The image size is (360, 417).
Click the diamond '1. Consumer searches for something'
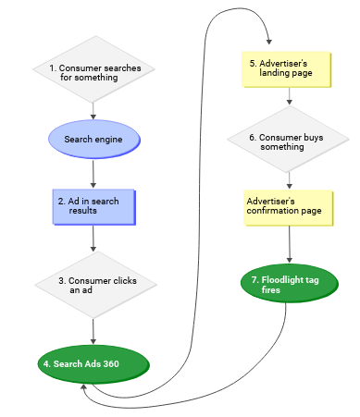pos(93,72)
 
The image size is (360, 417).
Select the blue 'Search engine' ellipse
pos(93,140)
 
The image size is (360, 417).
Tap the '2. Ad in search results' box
pos(93,206)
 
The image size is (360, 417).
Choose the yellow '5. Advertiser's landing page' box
pos(292,69)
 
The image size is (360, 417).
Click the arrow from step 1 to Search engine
pos(93,112)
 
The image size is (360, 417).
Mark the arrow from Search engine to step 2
pos(93,173)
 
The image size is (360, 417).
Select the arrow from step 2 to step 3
pos(93,238)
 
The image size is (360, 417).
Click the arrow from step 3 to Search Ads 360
pos(93,327)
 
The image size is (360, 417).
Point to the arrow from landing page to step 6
pos(292,96)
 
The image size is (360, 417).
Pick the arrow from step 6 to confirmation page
pos(292,178)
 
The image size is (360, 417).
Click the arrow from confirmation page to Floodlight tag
pos(292,245)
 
